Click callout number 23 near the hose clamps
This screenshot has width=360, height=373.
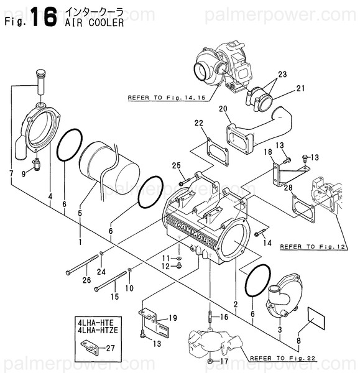click(x=282, y=74)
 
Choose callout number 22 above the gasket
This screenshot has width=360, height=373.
click(x=198, y=122)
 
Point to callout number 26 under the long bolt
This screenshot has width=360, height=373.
click(x=86, y=279)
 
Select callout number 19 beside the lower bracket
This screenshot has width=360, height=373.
click(x=173, y=317)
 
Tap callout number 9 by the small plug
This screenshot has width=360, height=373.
click(x=24, y=174)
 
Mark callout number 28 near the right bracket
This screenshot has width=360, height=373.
click(x=288, y=187)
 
